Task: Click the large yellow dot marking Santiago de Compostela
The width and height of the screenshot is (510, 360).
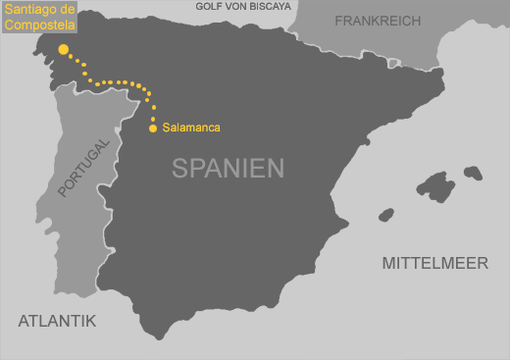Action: [64, 49]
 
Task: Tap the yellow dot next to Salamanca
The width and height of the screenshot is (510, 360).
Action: [153, 129]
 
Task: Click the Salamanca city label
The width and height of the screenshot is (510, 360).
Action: [191, 129]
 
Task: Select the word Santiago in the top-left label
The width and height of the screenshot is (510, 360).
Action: [29, 9]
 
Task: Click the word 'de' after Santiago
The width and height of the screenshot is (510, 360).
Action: [68, 9]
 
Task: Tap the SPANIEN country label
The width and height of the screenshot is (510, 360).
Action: [228, 168]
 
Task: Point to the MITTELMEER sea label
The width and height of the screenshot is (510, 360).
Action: [435, 263]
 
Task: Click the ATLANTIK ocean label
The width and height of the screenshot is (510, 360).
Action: [57, 320]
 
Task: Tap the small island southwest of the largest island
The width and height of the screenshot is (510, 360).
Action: [386, 214]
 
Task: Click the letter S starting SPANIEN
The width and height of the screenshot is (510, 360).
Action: [180, 168]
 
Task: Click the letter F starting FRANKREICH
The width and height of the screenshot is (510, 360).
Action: [339, 21]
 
